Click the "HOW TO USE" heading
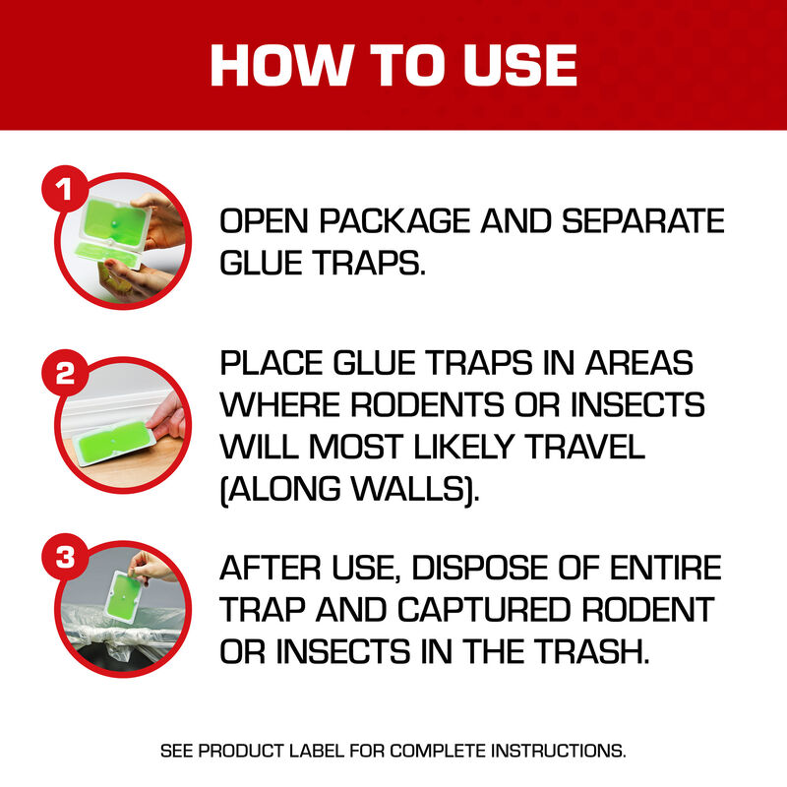pos(393,64)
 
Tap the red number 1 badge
pos(65,190)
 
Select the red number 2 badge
pos(65,372)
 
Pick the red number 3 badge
pos(65,558)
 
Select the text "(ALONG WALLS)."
pos(350,489)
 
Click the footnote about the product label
pos(393,751)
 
